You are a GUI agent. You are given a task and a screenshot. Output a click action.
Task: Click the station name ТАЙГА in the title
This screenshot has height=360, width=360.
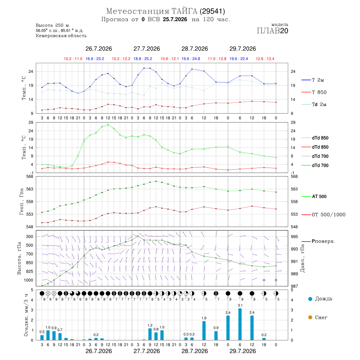pos(184,11)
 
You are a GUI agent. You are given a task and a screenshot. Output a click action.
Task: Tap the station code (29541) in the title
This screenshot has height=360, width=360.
pos(212,11)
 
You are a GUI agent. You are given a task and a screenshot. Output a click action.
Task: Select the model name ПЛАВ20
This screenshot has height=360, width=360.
pos(272,31)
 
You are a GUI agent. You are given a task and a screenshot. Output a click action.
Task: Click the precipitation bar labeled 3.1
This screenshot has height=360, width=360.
pos(240,324)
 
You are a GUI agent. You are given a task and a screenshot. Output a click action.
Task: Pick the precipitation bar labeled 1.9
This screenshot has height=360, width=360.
pos(204,331)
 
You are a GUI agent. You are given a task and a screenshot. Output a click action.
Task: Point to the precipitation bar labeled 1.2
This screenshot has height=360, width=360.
pos(150,334)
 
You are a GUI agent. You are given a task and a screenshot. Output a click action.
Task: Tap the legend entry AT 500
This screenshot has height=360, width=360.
pos(314,196)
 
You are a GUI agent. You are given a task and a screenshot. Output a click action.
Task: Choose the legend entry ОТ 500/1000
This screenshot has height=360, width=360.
pos(324,215)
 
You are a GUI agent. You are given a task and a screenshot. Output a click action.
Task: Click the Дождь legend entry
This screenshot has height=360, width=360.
pos(320,299)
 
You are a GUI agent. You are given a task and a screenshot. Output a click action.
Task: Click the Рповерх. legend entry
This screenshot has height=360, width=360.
pos(318,241)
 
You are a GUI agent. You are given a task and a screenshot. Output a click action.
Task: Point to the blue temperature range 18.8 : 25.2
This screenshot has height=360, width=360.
pos(143,59)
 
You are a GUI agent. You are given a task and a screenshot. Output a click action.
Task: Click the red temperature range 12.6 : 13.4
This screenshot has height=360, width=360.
pos(265,59)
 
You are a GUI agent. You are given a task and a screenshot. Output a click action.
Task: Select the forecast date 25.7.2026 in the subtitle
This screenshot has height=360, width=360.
pos(175,19)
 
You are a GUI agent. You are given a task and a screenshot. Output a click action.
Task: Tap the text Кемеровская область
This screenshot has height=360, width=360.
pos(61,36)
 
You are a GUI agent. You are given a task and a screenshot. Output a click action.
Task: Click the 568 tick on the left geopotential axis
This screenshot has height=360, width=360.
pos(30,176)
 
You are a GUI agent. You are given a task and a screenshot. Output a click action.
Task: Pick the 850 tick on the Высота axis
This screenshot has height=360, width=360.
pos(29,263)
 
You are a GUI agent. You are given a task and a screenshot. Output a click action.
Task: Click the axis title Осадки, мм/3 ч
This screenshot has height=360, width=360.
pos(26,315)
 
